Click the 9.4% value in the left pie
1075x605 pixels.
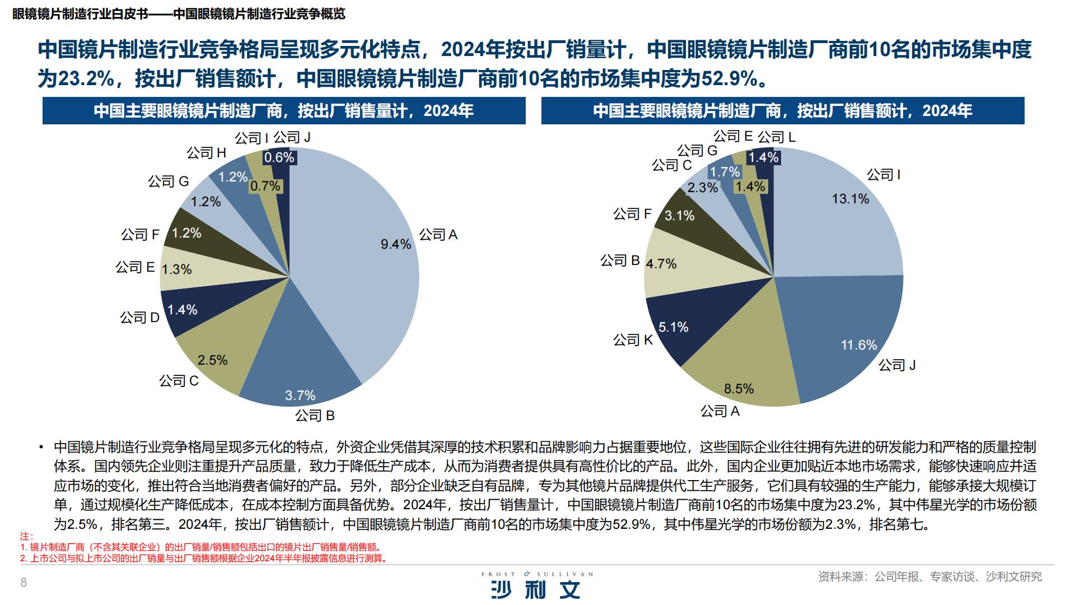396,244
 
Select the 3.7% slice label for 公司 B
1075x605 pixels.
300,395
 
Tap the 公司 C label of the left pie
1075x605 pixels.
179,381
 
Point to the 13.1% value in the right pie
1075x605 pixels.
850,199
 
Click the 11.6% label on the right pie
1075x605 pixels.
858,345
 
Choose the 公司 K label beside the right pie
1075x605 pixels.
633,340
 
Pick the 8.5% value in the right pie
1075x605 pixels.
739,389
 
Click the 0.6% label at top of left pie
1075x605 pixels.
279,157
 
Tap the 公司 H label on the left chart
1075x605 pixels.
206,153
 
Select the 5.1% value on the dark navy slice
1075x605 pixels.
673,327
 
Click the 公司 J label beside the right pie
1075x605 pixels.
896,365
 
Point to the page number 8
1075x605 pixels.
24,583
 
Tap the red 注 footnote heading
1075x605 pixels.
26,537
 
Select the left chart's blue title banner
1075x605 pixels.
284,111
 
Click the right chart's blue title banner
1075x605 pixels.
782,111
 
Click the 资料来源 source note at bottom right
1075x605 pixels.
929,576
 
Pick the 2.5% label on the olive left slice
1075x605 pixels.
212,360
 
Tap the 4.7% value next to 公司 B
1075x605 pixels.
661,264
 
